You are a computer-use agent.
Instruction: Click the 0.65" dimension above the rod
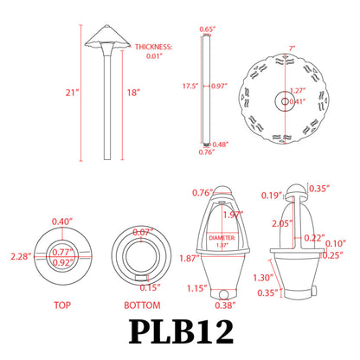pos(207,29)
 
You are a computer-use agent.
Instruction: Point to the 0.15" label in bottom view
pos(150,286)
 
